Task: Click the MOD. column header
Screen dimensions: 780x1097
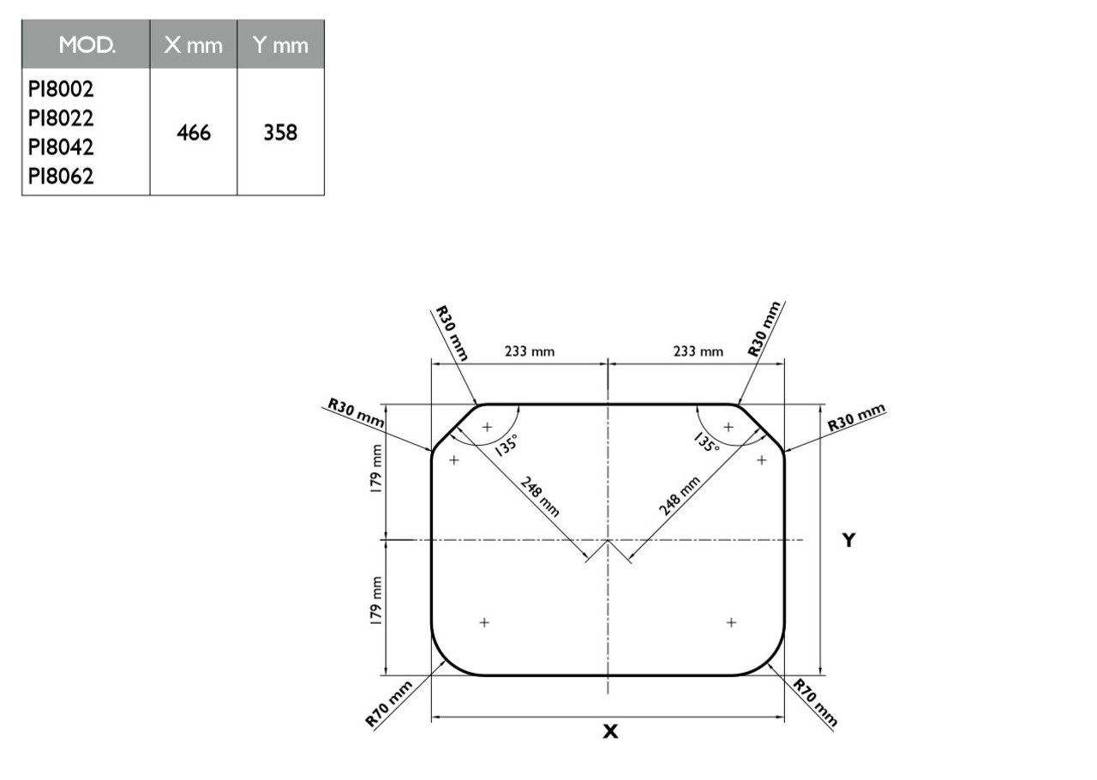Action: pyautogui.click(x=87, y=45)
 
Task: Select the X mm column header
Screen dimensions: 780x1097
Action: pyautogui.click(x=193, y=45)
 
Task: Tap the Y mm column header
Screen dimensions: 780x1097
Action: pyautogui.click(x=280, y=45)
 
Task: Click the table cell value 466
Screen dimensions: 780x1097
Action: pyautogui.click(x=193, y=133)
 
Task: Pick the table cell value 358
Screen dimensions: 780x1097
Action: pyautogui.click(x=280, y=133)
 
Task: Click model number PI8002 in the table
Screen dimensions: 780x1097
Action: pyautogui.click(x=61, y=89)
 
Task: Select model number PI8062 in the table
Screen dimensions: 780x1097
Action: pyautogui.click(x=61, y=177)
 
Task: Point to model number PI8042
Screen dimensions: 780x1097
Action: pyautogui.click(x=61, y=147)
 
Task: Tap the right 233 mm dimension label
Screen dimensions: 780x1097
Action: pyautogui.click(x=698, y=351)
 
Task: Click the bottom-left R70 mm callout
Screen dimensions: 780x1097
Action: pyautogui.click(x=388, y=704)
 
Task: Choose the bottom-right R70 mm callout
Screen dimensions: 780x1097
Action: pyautogui.click(x=813, y=703)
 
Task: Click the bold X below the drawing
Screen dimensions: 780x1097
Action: pyautogui.click(x=610, y=732)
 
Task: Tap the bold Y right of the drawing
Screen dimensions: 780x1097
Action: pyautogui.click(x=848, y=541)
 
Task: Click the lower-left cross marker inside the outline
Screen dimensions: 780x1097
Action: pyautogui.click(x=484, y=622)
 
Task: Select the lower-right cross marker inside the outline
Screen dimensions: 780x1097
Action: pyautogui.click(x=731, y=622)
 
